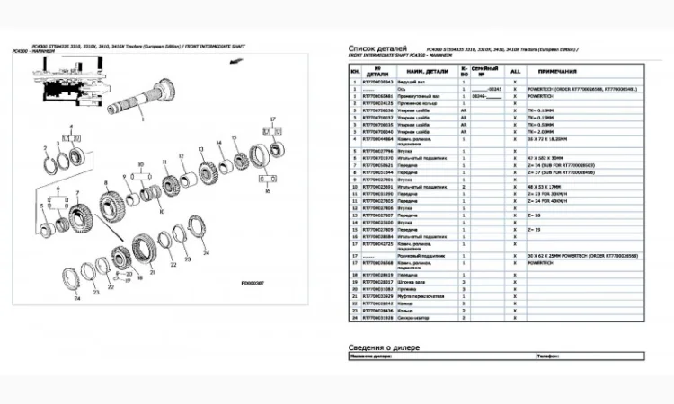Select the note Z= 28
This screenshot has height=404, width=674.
tap(535, 216)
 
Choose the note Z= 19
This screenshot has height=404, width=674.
tap(535, 230)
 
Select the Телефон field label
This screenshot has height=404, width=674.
tap(550, 357)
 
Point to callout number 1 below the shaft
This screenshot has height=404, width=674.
tap(141, 118)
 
